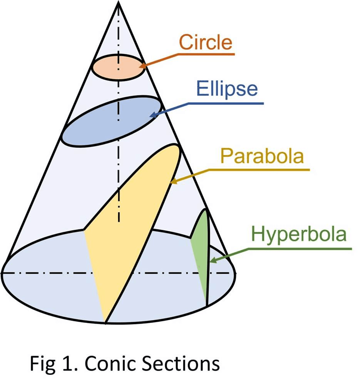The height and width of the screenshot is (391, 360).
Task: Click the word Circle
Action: click(x=206, y=42)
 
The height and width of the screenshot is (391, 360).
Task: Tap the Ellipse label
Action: click(x=227, y=89)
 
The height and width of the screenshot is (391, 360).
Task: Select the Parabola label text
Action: click(x=262, y=156)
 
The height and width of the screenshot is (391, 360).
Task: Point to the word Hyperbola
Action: click(x=299, y=234)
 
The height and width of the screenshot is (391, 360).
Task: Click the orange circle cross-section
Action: click(x=119, y=67)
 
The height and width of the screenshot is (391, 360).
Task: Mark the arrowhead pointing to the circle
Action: click(x=142, y=66)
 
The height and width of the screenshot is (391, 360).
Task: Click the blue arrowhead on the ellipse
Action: click(x=153, y=115)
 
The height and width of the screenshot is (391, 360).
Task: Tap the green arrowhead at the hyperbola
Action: click(x=213, y=260)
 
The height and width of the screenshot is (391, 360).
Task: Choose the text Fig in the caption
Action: click(x=42, y=364)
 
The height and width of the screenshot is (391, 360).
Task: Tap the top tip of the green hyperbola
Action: click(x=205, y=209)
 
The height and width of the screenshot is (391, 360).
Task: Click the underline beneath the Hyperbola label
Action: click(x=300, y=249)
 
